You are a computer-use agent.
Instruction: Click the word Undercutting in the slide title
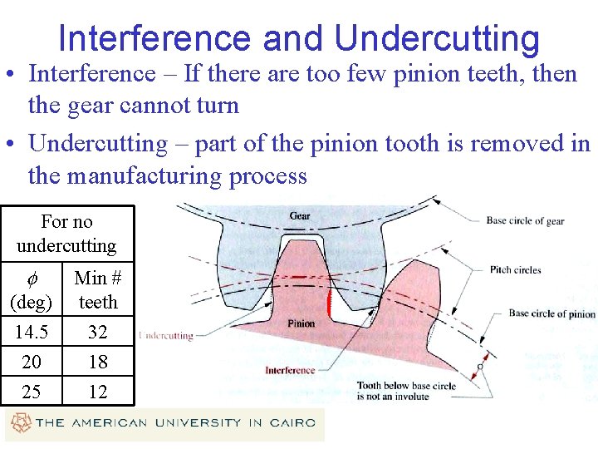coord(437,38)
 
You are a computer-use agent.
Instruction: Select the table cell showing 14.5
coord(32,332)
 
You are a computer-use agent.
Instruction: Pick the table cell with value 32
coord(98,332)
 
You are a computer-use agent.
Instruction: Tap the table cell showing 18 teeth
coord(98,362)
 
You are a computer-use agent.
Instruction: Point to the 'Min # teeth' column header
coord(98,289)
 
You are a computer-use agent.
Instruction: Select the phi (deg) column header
coord(32,289)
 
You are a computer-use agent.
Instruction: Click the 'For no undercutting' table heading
coord(66,234)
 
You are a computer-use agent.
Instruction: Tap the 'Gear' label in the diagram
coord(300,216)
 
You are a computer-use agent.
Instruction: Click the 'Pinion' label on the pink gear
coord(301,323)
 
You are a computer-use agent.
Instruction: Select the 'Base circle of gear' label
coord(525,221)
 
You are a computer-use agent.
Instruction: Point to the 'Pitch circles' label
coord(515,269)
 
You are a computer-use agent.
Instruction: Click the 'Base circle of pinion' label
coord(551,313)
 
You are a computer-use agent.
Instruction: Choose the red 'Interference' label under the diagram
coord(290,370)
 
